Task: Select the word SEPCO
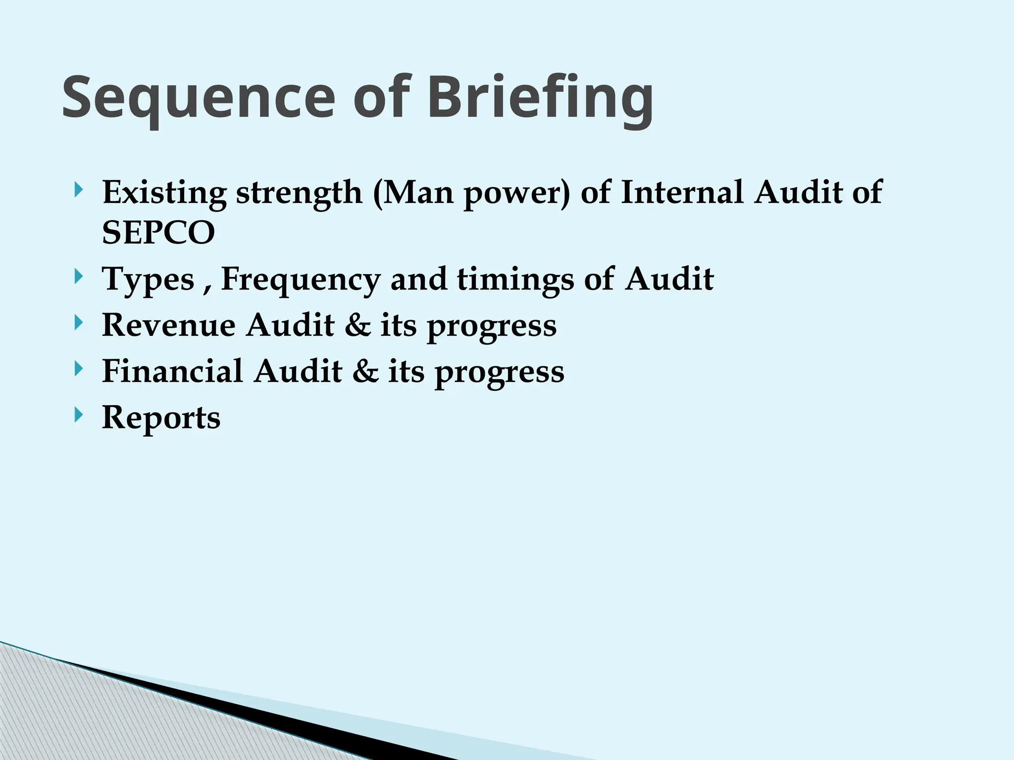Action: [x=158, y=233]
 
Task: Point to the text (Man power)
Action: [x=471, y=192]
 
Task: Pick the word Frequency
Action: [x=301, y=279]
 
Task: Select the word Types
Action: [x=148, y=279]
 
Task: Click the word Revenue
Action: [x=168, y=325]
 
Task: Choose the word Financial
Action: [x=172, y=371]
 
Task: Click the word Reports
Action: [x=161, y=418]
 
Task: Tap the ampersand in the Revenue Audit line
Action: [x=358, y=325]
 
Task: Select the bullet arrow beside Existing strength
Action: [x=78, y=190]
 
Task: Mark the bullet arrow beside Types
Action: [x=78, y=277]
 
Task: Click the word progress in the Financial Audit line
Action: [x=499, y=374]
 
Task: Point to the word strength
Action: [x=299, y=193]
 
